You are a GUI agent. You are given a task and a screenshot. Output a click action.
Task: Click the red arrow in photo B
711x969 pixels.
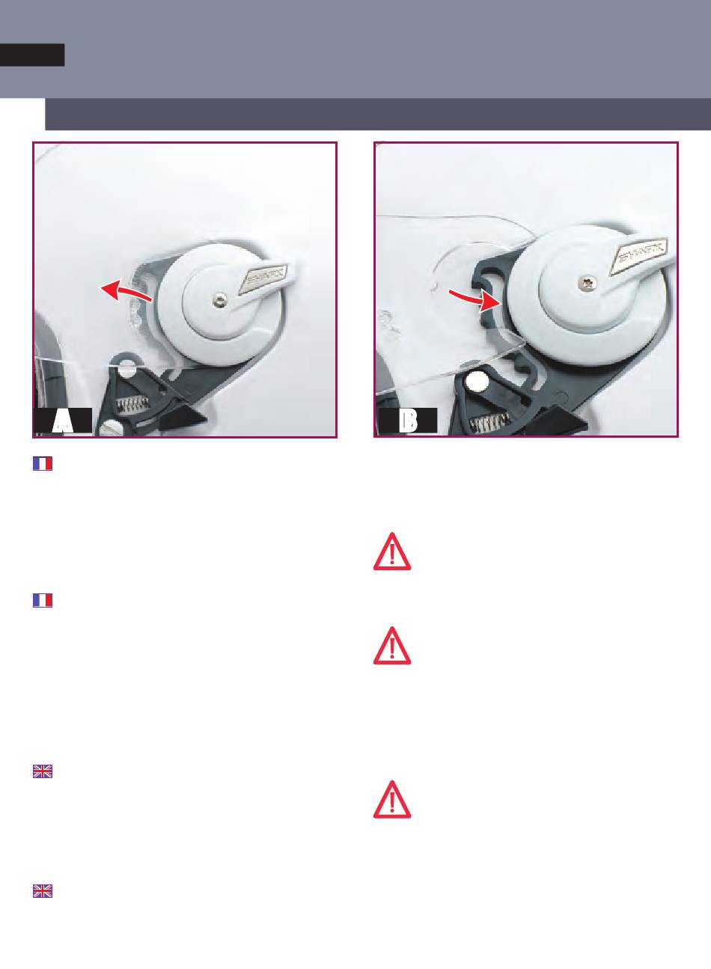tap(476, 299)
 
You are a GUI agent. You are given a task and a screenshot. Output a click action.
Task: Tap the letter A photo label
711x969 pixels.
tap(63, 421)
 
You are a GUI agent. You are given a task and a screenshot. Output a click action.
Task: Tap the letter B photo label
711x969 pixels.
tap(408, 421)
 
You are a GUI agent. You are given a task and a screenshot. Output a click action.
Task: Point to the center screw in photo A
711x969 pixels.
tap(220, 301)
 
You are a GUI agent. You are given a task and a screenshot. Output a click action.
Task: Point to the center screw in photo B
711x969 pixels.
tap(585, 284)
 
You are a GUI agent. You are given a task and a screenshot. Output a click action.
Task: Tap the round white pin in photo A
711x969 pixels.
tap(126, 370)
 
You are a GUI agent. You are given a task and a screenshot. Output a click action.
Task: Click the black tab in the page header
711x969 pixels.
tap(32, 55)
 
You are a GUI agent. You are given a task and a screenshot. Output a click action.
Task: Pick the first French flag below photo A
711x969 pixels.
tap(43, 463)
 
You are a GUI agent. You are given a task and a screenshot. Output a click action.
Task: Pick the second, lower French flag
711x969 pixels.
tap(43, 600)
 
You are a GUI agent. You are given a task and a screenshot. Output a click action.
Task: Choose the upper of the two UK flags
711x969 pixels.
tap(43, 771)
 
